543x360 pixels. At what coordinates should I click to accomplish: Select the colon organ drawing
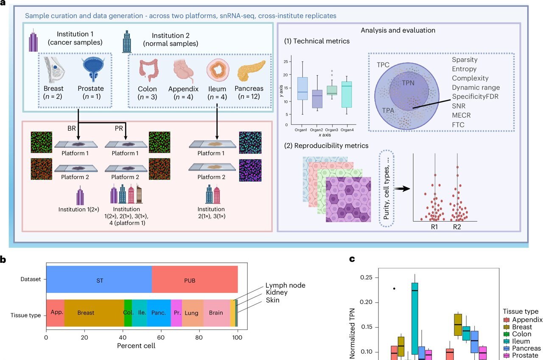click(147, 70)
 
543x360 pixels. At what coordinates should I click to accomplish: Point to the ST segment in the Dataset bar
click(98, 280)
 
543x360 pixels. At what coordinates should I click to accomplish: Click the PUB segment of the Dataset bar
click(194, 280)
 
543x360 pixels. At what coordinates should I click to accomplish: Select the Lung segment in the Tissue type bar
click(193, 313)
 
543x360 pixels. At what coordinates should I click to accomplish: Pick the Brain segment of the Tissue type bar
click(216, 313)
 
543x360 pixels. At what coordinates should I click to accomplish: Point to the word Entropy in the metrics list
click(464, 69)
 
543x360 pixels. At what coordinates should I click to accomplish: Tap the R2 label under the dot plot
click(457, 227)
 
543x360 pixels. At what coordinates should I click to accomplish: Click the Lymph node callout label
click(285, 285)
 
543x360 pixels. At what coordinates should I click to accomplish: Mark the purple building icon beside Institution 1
click(34, 42)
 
